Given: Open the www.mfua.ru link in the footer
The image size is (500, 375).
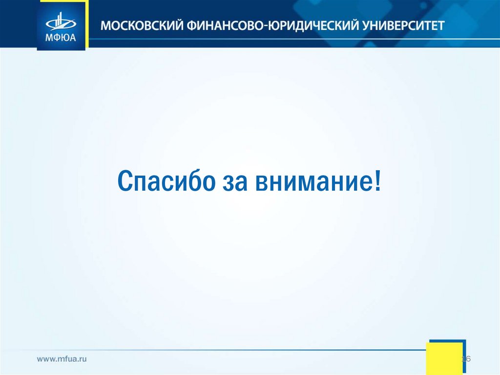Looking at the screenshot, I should (x=62, y=359).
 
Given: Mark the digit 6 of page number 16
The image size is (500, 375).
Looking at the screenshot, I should (x=468, y=359).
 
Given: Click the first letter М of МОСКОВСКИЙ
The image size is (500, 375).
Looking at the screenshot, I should (x=106, y=25).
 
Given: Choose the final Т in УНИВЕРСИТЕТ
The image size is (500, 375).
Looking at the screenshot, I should (x=441, y=25).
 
